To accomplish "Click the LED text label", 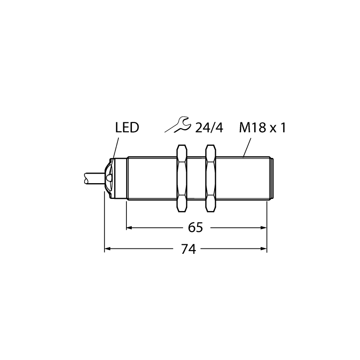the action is point(127,128).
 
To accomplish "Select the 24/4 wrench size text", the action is point(209,128).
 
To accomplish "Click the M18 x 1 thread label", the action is point(262,128).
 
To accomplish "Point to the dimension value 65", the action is point(195,228).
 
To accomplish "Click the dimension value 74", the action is point(189,249).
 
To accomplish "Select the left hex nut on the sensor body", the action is point(181,178).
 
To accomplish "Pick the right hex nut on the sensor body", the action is point(211,178).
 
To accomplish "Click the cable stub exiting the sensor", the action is point(94,178).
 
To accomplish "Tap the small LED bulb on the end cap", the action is point(109,178).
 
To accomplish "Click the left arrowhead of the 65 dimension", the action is point(129,228).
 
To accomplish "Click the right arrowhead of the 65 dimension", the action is point(264,228).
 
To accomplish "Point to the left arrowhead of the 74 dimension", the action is point(107,249).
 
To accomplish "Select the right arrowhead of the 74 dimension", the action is point(264,249).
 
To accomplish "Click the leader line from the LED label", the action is point(114,157).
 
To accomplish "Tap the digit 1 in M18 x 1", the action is point(283,128).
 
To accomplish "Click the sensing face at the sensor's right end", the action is point(272,178).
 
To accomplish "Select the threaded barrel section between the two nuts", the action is point(196,178).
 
